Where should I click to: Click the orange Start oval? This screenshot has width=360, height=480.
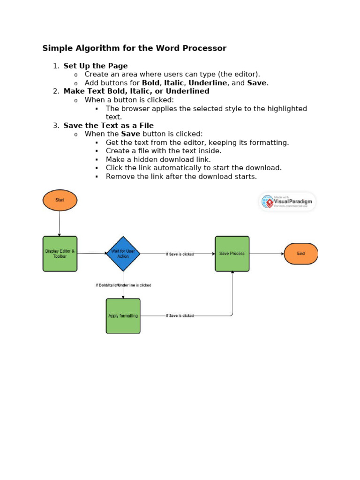(60, 200)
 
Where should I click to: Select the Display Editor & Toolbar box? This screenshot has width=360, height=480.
(60, 254)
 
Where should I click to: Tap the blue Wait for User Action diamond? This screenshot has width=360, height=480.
(123, 254)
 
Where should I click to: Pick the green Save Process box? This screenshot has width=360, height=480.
(232, 254)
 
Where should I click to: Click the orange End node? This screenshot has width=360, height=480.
(301, 254)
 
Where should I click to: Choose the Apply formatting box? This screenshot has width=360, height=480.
(123, 316)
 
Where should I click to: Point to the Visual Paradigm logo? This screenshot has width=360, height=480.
(288, 202)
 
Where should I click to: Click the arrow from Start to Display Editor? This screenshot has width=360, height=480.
(60, 223)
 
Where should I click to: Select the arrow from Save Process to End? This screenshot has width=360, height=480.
(266, 254)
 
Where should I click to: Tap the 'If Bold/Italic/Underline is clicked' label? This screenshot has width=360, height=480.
(123, 285)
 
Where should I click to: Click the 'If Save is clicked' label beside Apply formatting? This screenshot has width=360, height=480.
(180, 316)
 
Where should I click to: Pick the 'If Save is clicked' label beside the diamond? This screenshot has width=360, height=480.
(180, 254)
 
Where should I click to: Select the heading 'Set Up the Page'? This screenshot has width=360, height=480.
(96, 66)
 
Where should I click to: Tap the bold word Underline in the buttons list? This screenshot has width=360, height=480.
(208, 83)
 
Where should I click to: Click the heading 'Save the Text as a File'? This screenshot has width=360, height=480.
(108, 126)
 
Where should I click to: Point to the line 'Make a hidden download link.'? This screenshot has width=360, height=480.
(158, 159)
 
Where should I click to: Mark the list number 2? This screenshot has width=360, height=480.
(56, 91)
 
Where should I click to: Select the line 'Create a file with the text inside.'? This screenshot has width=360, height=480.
(164, 151)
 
